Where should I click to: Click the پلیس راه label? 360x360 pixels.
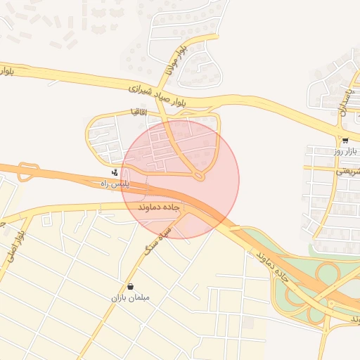pos(114,183)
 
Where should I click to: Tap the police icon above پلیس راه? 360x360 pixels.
pos(115,172)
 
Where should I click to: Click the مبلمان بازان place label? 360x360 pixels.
pos(130,297)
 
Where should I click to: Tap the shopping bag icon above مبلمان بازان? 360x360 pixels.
pos(131,286)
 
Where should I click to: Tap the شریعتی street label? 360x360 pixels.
pos(349,170)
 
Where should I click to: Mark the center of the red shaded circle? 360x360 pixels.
pos(180,179)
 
